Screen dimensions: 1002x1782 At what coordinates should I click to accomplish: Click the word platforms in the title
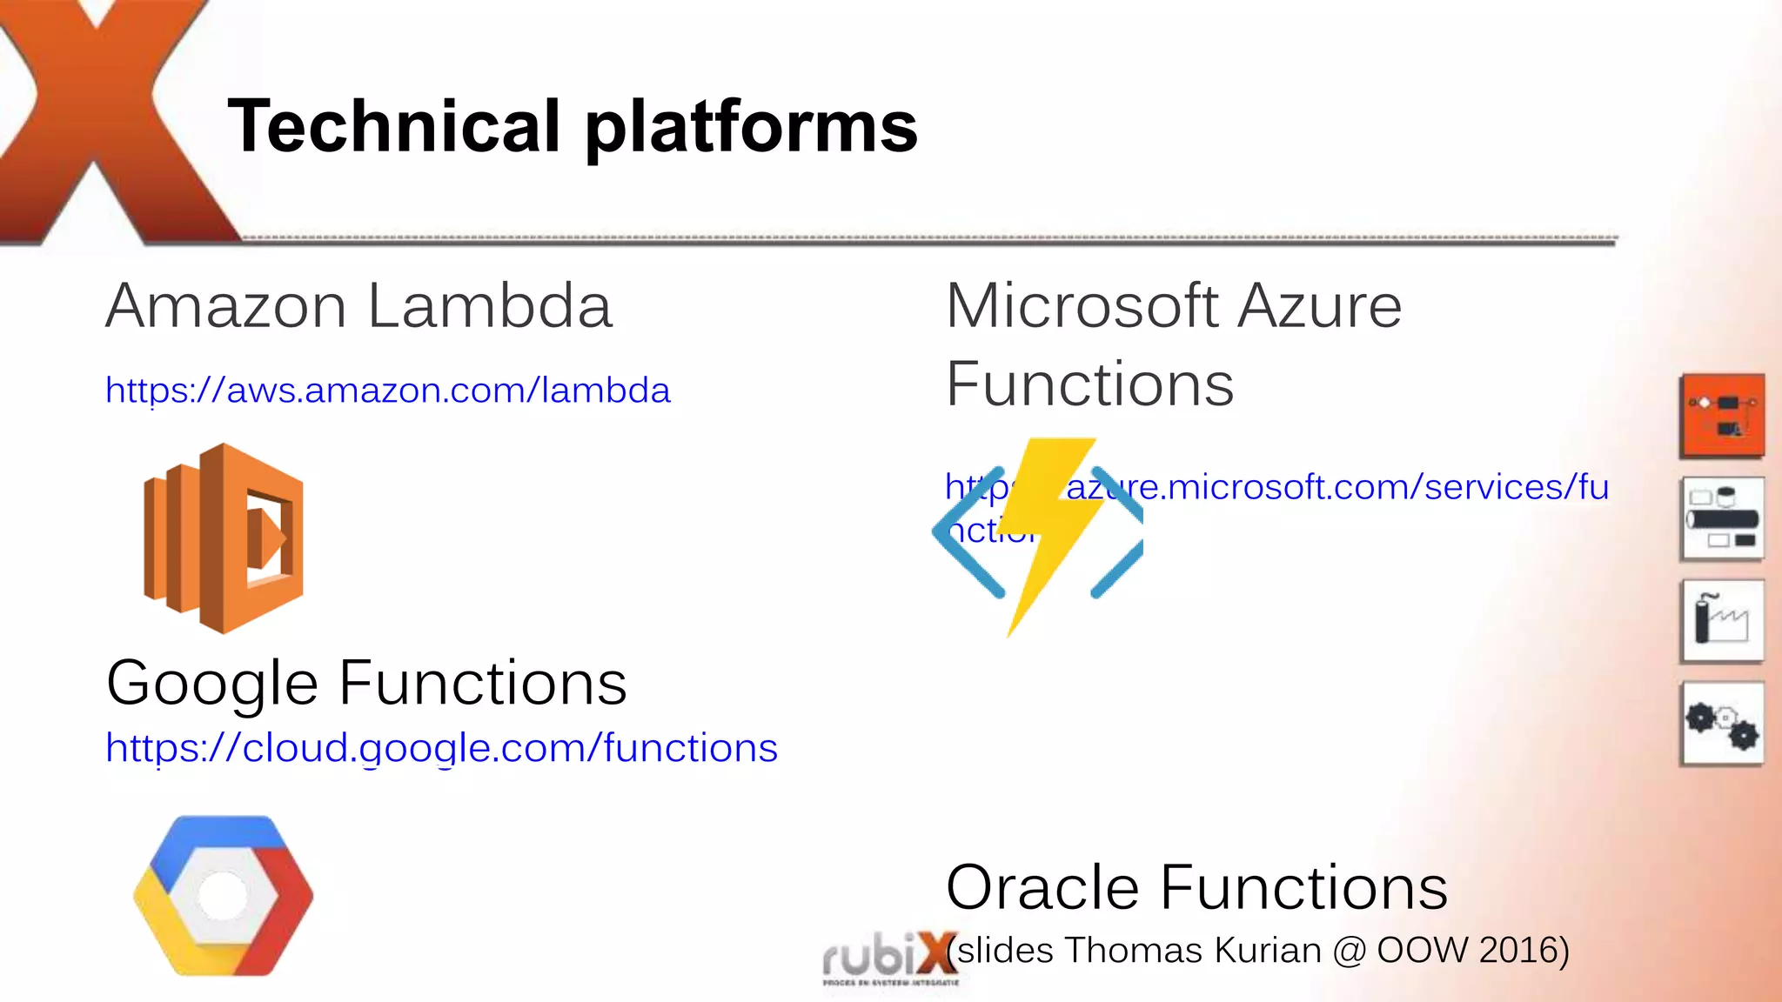tap(750, 127)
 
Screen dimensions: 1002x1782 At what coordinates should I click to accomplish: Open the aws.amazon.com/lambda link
tap(387, 391)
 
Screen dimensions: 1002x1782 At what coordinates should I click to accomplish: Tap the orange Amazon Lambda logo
tap(224, 538)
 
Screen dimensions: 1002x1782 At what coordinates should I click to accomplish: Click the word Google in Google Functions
tap(211, 684)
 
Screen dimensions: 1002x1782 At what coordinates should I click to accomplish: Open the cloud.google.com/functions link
tap(441, 748)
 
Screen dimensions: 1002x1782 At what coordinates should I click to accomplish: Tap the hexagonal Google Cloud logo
tap(224, 895)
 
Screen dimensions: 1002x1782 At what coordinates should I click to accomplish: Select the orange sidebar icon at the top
tap(1723, 416)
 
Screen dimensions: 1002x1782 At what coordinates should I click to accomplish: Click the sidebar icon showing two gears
tap(1723, 724)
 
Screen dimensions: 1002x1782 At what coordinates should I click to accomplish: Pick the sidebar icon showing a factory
tap(1723, 621)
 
